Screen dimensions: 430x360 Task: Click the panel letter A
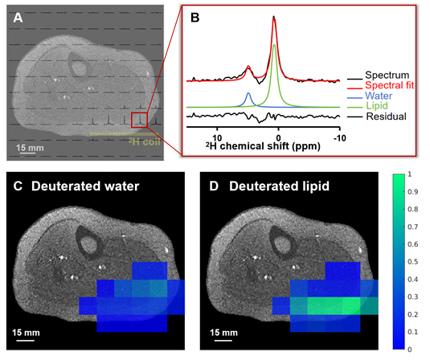click(18, 18)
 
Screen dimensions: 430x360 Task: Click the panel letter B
click(195, 18)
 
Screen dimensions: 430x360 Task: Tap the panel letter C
click(18, 186)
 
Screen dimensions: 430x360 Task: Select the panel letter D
click(214, 186)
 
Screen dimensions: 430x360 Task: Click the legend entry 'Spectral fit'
click(390, 85)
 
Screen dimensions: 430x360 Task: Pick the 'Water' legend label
click(379, 96)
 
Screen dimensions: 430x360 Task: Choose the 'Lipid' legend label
click(377, 106)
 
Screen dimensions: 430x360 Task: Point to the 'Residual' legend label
click(386, 117)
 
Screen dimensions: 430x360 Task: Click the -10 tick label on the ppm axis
click(340, 138)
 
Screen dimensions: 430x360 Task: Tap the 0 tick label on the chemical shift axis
click(278, 138)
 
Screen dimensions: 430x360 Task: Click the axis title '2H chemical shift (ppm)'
click(263, 145)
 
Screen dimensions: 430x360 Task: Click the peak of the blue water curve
click(248, 93)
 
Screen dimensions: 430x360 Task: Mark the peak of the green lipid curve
click(274, 45)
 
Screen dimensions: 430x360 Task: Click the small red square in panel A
click(140, 120)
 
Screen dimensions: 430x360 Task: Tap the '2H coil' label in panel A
click(144, 141)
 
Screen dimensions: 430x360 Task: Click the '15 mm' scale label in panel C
click(26, 333)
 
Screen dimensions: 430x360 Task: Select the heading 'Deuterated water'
click(85, 186)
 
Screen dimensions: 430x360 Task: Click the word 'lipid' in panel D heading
click(314, 186)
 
